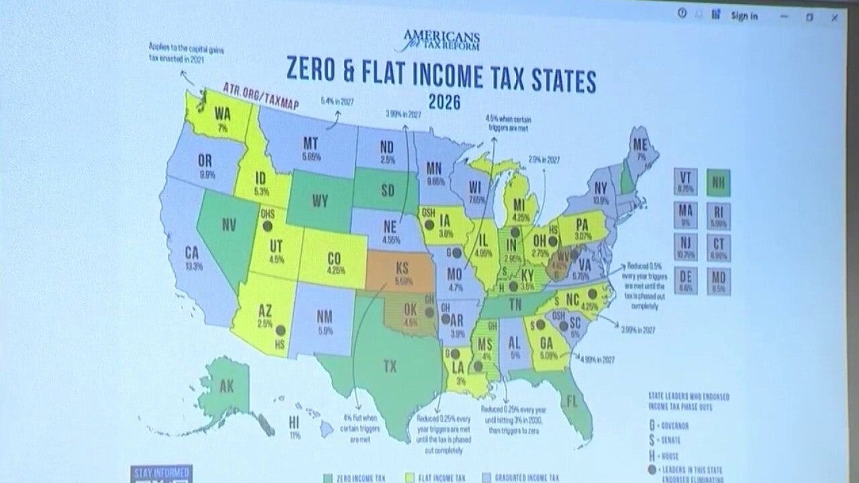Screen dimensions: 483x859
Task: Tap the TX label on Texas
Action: pos(389,366)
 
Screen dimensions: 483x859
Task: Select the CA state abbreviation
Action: pos(193,252)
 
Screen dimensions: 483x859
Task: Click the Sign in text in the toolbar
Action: pos(744,16)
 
